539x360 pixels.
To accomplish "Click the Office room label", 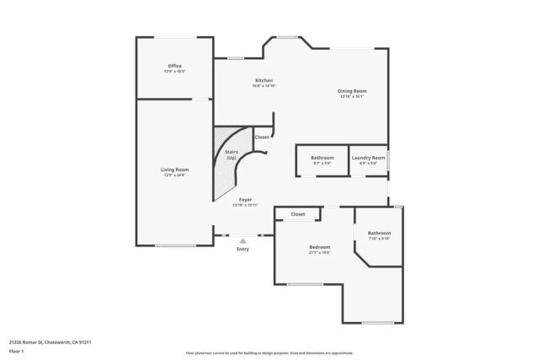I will pyautogui.click(x=174, y=66).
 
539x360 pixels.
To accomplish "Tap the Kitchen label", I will pyautogui.click(x=264, y=80).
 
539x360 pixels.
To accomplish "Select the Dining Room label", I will pyautogui.click(x=352, y=90).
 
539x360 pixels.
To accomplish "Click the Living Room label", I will pyautogui.click(x=174, y=169).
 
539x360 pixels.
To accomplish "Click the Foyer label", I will pyautogui.click(x=245, y=200).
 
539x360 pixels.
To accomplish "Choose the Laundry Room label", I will pyautogui.click(x=368, y=158).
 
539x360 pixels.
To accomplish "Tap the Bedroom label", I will pyautogui.click(x=319, y=246).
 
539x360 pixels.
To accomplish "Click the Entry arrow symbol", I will pyautogui.click(x=243, y=241).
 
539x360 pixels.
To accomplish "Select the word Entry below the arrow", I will pyautogui.click(x=243, y=249).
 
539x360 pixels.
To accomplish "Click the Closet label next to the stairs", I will pyautogui.click(x=262, y=137).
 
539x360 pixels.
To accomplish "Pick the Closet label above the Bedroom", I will pyautogui.click(x=297, y=214).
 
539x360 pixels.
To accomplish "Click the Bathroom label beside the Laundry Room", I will pyautogui.click(x=322, y=158).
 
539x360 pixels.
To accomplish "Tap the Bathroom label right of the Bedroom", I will pyautogui.click(x=379, y=233).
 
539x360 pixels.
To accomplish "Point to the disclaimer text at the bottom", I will pyautogui.click(x=269, y=353).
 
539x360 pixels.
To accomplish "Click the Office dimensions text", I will pyautogui.click(x=174, y=72).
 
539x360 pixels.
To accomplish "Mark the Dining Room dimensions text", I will pyautogui.click(x=352, y=96).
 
